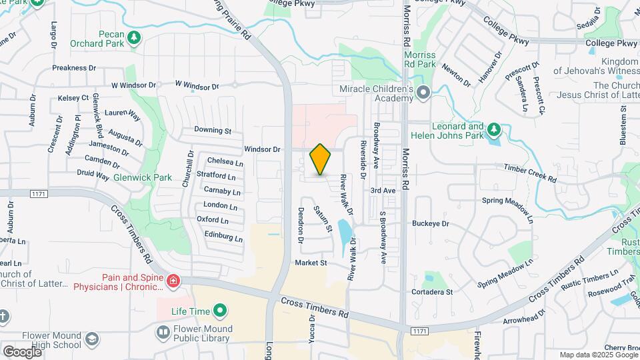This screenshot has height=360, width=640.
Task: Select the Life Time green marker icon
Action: [x=220, y=311]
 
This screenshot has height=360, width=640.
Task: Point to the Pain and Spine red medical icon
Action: [x=174, y=282]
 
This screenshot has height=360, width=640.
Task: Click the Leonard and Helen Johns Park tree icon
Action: [x=493, y=129]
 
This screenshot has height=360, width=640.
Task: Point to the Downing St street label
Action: [x=213, y=131]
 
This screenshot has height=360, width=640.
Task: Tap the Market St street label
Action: [x=311, y=263]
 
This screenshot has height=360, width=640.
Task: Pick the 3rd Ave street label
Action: [x=383, y=191]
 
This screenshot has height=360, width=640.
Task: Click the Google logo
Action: [x=22, y=351]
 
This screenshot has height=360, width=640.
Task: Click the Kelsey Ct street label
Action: [x=73, y=98]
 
